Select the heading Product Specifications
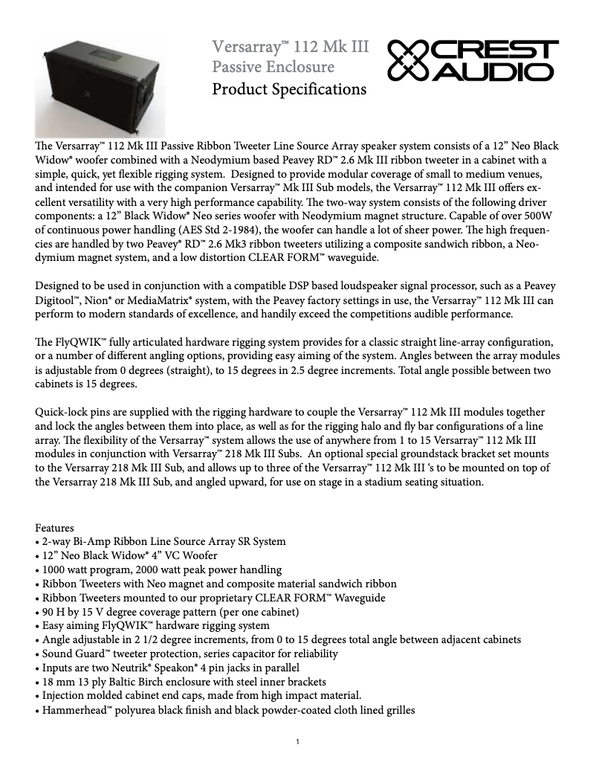click(x=289, y=89)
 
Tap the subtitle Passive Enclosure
click(x=273, y=68)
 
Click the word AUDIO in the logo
click(x=493, y=71)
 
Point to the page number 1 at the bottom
click(x=297, y=741)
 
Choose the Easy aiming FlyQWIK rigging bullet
click(x=155, y=625)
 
